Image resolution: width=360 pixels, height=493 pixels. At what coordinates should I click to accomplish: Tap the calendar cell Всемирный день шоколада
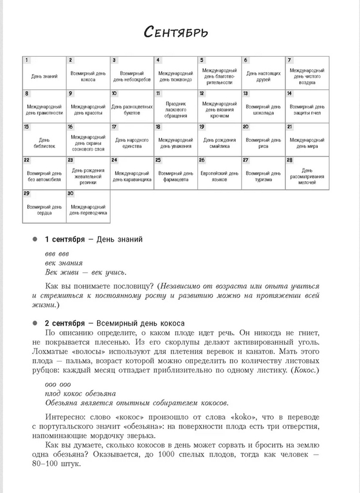pyautogui.click(x=263, y=107)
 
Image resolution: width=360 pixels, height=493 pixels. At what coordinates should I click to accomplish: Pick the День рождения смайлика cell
pyautogui.click(x=219, y=140)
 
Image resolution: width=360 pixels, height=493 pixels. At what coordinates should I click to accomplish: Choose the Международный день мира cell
pyautogui.click(x=307, y=140)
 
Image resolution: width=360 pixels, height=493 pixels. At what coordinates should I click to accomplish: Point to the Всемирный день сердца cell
pyautogui.click(x=44, y=207)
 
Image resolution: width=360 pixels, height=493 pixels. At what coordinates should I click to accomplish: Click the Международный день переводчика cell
pyautogui.click(x=87, y=207)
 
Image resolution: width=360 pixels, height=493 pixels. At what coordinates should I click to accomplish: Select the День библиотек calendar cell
pyautogui.click(x=44, y=140)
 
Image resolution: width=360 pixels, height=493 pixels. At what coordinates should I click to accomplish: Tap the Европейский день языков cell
pyautogui.click(x=219, y=173)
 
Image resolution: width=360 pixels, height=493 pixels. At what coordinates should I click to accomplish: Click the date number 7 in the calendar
pyautogui.click(x=289, y=60)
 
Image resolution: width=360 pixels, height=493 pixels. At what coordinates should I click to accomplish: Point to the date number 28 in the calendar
pyautogui.click(x=290, y=160)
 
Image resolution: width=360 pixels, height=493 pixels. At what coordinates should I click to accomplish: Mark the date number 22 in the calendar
pyautogui.click(x=27, y=160)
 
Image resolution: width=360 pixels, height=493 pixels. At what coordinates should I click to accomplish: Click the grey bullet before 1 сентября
pyautogui.click(x=35, y=239)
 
